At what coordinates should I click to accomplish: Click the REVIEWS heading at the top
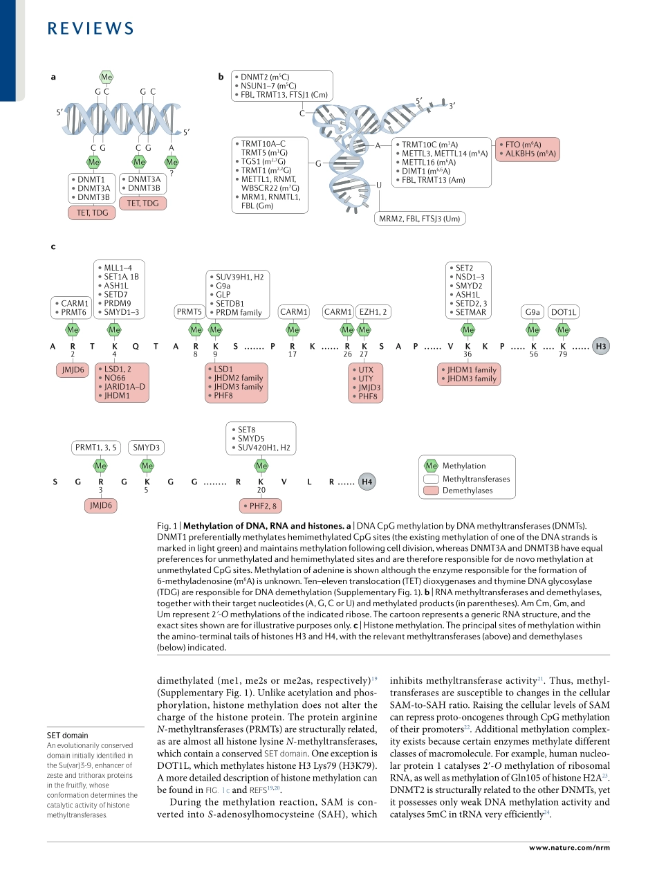pyautogui.click(x=91, y=28)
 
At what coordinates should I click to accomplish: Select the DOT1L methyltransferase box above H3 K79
pyautogui.click(x=563, y=312)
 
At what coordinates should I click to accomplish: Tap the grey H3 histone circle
pyautogui.click(x=602, y=346)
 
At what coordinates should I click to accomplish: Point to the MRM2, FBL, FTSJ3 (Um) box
pyautogui.click(x=420, y=219)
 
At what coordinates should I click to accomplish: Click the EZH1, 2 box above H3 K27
pyautogui.click(x=373, y=312)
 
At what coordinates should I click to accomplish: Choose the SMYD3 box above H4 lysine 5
pyautogui.click(x=147, y=448)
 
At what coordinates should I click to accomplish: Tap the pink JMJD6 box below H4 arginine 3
pyautogui.click(x=101, y=506)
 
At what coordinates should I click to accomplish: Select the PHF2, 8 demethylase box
pyautogui.click(x=261, y=507)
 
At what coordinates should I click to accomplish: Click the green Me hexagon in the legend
pyautogui.click(x=431, y=466)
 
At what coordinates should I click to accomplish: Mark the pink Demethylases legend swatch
pyautogui.click(x=431, y=491)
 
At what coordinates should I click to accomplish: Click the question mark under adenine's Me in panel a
pyautogui.click(x=172, y=173)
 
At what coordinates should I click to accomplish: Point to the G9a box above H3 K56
pyautogui.click(x=533, y=312)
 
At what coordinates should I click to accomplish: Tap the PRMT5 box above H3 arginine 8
pyautogui.click(x=189, y=312)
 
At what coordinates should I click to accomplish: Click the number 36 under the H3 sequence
pyautogui.click(x=468, y=354)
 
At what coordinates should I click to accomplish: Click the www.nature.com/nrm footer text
pyautogui.click(x=569, y=847)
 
